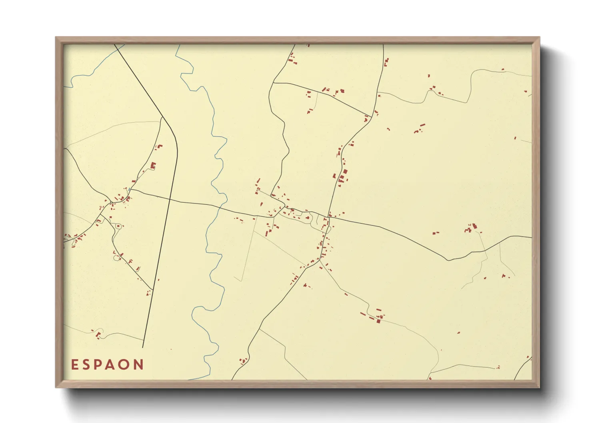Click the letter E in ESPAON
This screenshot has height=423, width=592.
pyautogui.click(x=74, y=365)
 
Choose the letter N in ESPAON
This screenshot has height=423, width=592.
pyautogui.click(x=138, y=365)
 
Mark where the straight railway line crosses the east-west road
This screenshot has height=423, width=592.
pyautogui.click(x=170, y=199)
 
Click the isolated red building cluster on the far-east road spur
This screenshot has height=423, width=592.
pyautogui.click(x=472, y=228)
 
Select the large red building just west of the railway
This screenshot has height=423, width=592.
pyautogui.click(x=153, y=165)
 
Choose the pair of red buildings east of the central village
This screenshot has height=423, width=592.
pyautogui.click(x=436, y=232)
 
